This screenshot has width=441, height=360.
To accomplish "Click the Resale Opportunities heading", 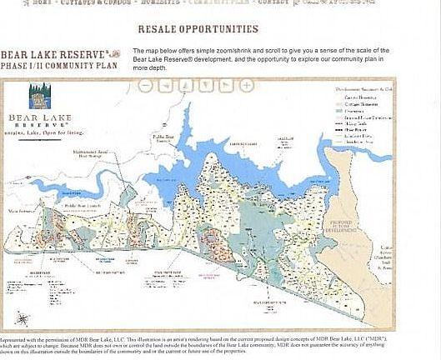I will (x=198, y=30).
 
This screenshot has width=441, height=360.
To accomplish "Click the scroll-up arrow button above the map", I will (x=185, y=85).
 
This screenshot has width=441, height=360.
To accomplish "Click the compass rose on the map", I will (x=22, y=317).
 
